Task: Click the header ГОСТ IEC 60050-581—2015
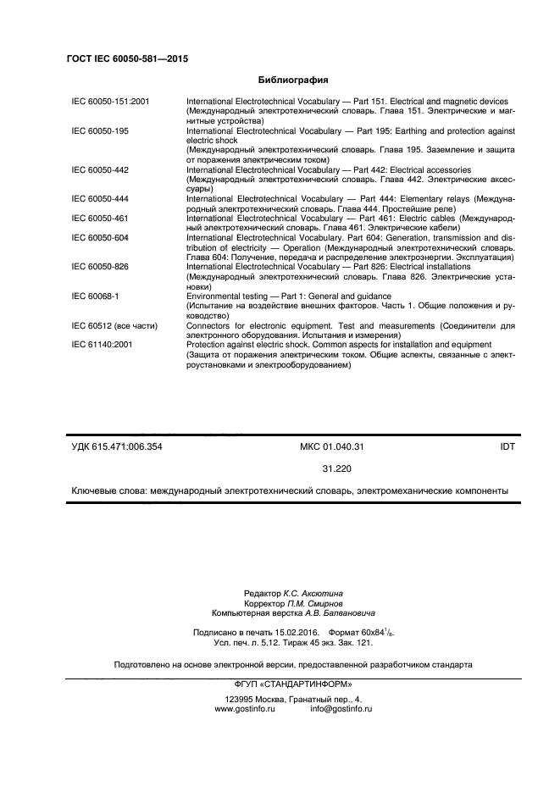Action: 126,59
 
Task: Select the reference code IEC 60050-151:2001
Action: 110,102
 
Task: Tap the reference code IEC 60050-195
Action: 100,131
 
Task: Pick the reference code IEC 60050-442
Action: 100,170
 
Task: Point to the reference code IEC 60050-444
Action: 100,199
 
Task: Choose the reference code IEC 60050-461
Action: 100,219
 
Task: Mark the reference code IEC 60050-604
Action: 100,238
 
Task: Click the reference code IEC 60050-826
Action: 100,267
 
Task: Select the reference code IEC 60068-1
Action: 95,296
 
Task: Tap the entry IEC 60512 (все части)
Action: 114,325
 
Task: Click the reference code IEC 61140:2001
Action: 103,345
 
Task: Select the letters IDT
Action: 507,446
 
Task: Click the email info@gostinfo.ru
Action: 341,708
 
